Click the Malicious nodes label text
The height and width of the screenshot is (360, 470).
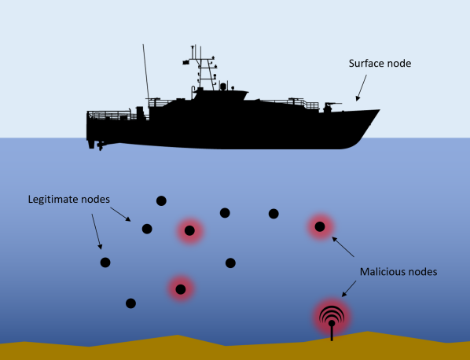[398, 272]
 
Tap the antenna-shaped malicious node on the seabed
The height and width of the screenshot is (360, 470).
[331, 318]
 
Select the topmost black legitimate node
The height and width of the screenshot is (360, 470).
[161, 200]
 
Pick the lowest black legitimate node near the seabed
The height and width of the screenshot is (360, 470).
[130, 303]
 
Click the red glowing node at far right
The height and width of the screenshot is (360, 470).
[320, 227]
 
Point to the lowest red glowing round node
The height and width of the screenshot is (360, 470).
[181, 289]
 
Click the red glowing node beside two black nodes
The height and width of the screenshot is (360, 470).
[189, 230]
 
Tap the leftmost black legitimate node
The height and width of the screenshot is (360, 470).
[105, 262]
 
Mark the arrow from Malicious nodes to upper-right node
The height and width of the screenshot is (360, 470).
[347, 249]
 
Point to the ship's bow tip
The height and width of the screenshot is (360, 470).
[379, 111]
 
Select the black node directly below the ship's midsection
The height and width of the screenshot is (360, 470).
[225, 212]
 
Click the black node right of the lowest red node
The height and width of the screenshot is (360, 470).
[230, 263]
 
